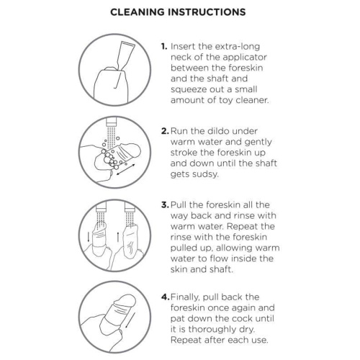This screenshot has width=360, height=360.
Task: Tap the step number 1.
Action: coord(164,46)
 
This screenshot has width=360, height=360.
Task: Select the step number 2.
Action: coord(165,131)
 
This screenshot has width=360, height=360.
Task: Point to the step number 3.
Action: coord(165,205)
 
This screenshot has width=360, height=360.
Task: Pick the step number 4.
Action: coord(166,297)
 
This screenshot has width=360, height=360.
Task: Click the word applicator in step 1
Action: coord(245,58)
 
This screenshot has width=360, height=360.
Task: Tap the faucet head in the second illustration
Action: coord(111,122)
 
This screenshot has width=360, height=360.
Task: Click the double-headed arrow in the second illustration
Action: coord(126,170)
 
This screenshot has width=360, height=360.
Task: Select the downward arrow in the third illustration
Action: coord(89,236)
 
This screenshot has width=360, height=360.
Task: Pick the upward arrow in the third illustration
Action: coord(118,236)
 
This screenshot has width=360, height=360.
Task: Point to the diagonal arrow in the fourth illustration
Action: coord(130,320)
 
